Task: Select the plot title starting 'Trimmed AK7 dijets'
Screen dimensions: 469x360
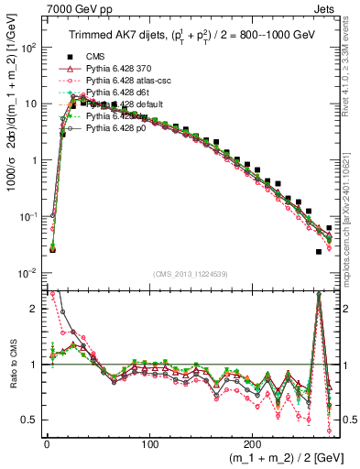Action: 191,37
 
